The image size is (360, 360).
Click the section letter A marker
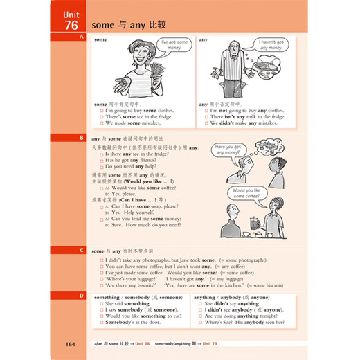pos(82,36)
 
